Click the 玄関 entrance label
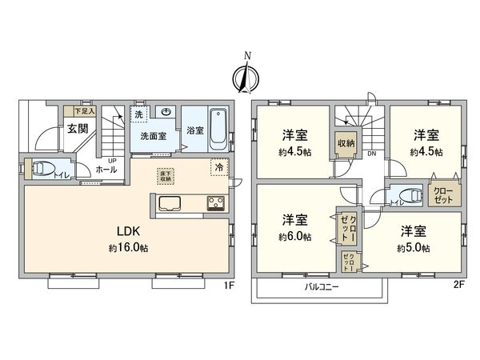[x=78, y=128]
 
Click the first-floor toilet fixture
[x=40, y=170]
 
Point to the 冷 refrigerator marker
[x=218, y=167]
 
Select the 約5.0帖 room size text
[x=414, y=249]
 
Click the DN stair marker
[x=371, y=154]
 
